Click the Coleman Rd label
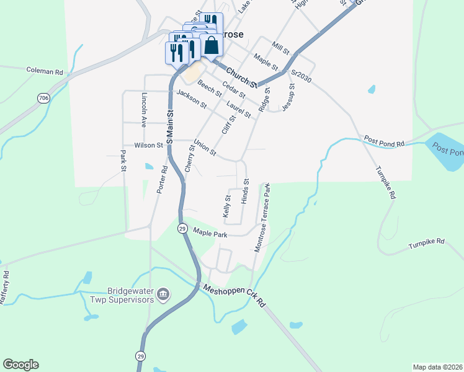click(x=45, y=71)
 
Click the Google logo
click(x=20, y=365)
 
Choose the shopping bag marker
click(x=211, y=46)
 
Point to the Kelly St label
click(x=227, y=206)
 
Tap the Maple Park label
click(x=210, y=233)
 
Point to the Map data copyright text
click(x=437, y=366)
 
